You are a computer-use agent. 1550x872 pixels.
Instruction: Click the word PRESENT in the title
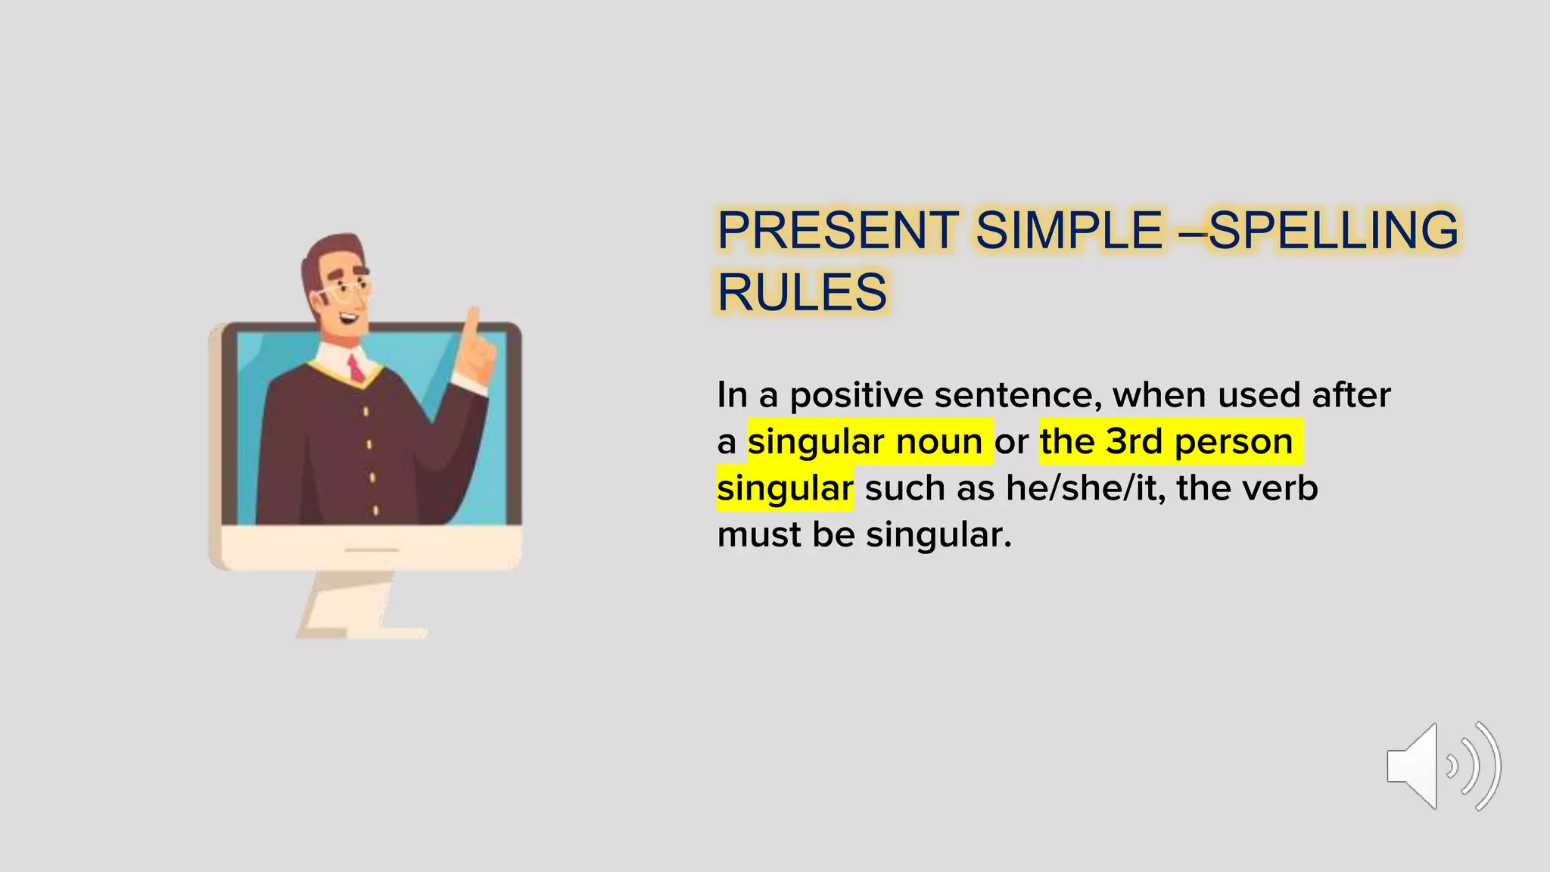(x=837, y=230)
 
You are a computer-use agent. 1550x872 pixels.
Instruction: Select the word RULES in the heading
(x=801, y=292)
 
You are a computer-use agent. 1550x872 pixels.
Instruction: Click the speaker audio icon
(x=1443, y=766)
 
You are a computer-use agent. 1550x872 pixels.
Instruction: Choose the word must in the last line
(x=758, y=534)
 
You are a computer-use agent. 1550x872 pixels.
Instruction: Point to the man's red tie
(x=355, y=370)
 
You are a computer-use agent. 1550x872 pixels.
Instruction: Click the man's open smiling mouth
(x=350, y=317)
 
